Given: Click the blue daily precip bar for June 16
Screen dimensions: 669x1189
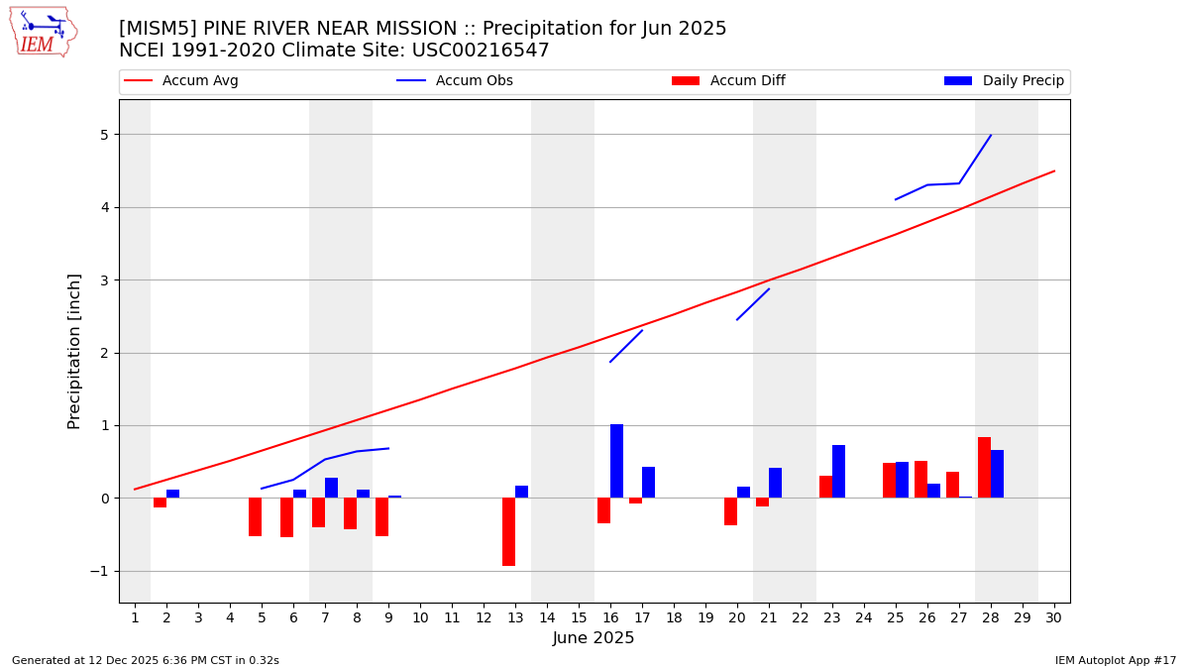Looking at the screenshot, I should tap(616, 461).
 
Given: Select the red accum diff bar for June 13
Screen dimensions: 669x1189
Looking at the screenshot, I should tap(508, 531).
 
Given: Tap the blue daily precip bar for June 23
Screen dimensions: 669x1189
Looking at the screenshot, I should tap(838, 472).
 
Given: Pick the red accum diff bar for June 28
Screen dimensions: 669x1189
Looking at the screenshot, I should tap(984, 468).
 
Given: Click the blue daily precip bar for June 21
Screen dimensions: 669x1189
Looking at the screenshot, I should tap(775, 483).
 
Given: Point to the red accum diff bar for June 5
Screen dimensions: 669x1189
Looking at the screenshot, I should tap(255, 516).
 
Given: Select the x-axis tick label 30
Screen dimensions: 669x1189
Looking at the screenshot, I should tap(1053, 617).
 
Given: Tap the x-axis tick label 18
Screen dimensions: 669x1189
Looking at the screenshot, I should tap(674, 617).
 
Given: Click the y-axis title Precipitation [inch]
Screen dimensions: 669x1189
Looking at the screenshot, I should tap(74, 351).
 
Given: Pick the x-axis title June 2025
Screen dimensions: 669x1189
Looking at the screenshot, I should tap(594, 638).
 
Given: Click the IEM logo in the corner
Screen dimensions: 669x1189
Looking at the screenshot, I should tap(43, 33).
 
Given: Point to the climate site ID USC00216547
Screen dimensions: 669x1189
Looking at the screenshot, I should tap(483, 51).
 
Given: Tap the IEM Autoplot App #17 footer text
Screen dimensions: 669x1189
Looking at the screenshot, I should tap(1115, 660).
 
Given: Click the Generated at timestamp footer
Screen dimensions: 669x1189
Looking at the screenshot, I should tap(146, 660).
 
